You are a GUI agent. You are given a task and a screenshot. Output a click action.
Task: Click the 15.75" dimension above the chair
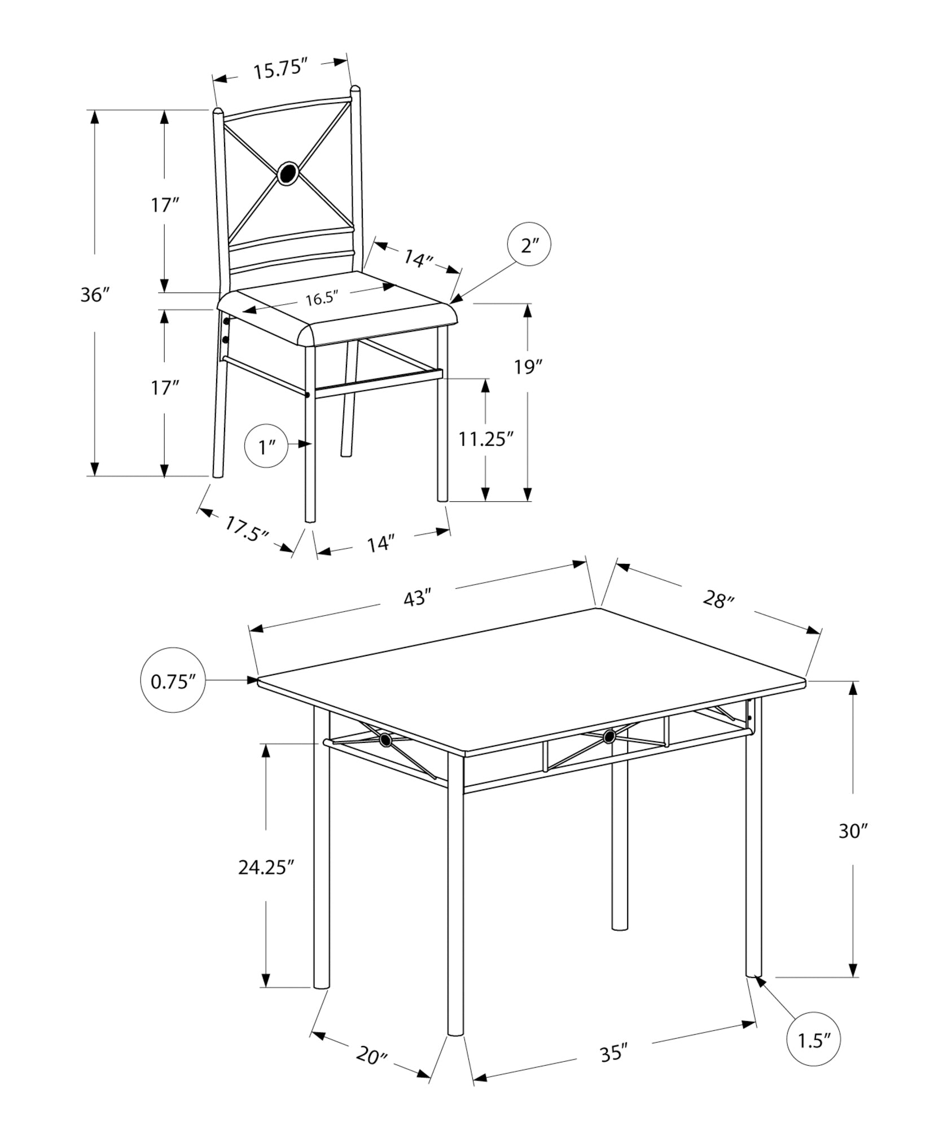[279, 71]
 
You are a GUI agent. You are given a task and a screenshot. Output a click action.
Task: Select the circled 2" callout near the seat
[528, 245]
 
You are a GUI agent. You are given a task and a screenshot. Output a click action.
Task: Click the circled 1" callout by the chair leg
[266, 447]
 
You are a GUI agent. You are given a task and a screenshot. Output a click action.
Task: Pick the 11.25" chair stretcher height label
[485, 439]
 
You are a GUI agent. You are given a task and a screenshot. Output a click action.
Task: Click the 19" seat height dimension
[528, 367]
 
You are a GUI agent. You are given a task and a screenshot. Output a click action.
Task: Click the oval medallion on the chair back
[288, 173]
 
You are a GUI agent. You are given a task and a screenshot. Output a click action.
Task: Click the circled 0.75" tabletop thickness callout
[172, 681]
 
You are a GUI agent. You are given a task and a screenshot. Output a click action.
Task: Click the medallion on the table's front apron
[608, 736]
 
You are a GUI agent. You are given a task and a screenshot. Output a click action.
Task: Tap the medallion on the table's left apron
[385, 740]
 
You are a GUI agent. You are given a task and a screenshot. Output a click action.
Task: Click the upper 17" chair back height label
[164, 205]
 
